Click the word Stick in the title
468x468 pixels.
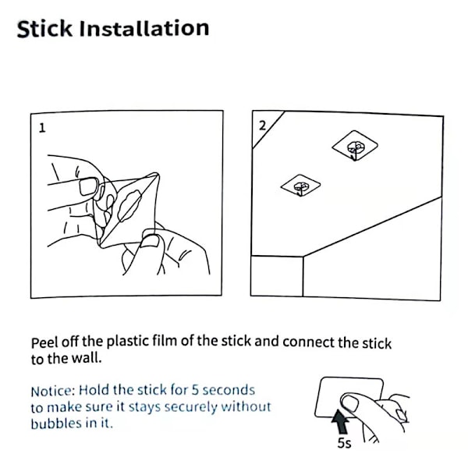point(44,29)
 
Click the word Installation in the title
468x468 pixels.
point(144,28)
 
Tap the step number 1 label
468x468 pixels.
point(42,128)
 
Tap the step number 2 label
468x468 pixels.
point(262,126)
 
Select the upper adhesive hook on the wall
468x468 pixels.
point(355,146)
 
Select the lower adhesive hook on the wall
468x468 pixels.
point(300,186)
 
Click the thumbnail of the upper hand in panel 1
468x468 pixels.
point(89,186)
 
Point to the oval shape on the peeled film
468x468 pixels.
point(129,206)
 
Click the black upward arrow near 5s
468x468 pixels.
point(341,422)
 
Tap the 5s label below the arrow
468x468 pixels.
point(345,443)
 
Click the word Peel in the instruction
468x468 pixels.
point(44,342)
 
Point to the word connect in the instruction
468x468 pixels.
point(308,342)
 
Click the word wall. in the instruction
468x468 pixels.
point(87,358)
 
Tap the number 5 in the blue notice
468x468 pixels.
point(195,390)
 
